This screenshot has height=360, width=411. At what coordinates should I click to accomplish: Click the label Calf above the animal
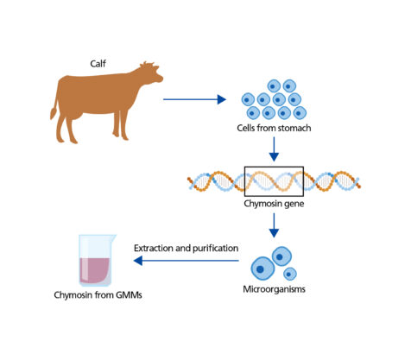point(98,64)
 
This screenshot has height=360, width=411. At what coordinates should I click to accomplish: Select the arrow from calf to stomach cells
point(194,99)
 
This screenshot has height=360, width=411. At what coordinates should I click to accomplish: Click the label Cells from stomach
point(274,128)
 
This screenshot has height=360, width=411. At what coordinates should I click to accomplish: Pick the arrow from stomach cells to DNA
point(274,149)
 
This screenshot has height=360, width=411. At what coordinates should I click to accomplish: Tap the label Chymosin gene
point(274,204)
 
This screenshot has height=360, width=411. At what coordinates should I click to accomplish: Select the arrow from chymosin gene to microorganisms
point(274,225)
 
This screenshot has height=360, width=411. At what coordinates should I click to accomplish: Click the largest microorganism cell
point(262,268)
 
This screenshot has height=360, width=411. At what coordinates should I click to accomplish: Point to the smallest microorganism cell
point(290,274)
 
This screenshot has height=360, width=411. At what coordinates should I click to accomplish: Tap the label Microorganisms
point(274,289)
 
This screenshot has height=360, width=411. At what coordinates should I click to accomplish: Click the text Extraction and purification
point(186,248)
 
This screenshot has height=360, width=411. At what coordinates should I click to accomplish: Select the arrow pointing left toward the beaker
point(187,261)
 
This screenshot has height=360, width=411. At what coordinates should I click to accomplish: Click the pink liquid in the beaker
point(94,270)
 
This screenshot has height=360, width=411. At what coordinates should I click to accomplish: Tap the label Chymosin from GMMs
point(98,295)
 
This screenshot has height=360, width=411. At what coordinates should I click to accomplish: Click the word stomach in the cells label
point(294,128)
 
